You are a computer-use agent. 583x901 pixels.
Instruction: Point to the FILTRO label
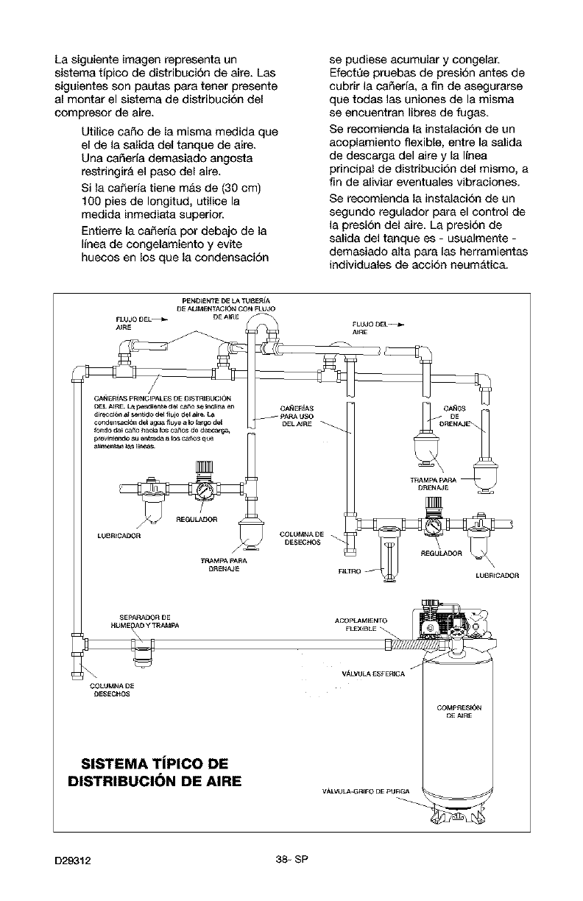pos(350,570)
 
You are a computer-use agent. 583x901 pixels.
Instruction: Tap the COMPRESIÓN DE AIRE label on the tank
pos(459,711)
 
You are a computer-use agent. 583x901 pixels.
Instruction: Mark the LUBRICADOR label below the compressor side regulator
pos(498,575)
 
